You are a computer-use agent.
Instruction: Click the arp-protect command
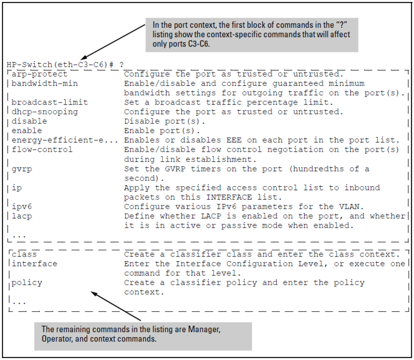[39, 74]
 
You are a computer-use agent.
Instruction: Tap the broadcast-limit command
[50, 102]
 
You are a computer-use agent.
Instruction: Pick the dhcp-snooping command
[45, 112]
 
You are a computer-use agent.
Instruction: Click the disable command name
[29, 121]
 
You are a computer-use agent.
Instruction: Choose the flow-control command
[42, 149]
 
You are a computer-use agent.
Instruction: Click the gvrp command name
[22, 168]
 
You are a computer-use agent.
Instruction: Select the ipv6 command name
[22, 206]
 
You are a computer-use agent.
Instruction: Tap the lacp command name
[22, 215]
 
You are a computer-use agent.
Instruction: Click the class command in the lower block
[24, 254]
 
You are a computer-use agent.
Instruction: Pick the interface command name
[34, 264]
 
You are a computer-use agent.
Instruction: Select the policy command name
[27, 283]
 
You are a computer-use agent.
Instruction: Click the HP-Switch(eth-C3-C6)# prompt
[60, 65]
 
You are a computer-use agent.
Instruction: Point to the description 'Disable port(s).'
[165, 121]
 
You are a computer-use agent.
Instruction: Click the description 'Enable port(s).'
[162, 130]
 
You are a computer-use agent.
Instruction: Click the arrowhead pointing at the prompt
[83, 59]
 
